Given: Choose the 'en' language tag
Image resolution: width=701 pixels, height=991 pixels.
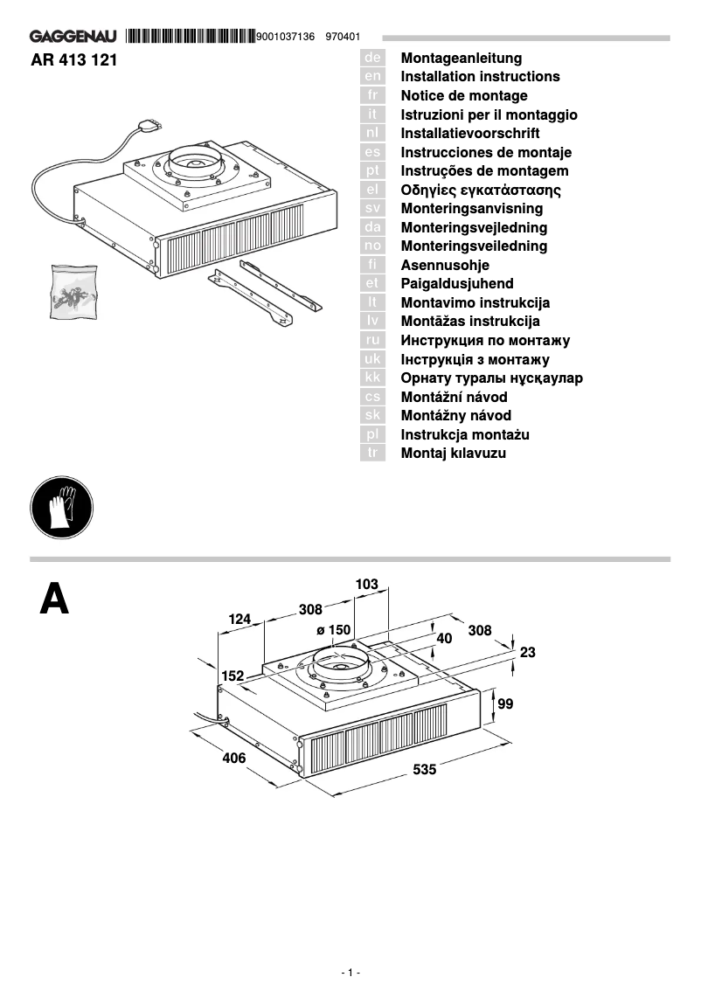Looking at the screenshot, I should click(372, 77).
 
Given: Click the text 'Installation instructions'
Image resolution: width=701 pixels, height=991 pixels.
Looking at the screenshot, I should click(480, 77).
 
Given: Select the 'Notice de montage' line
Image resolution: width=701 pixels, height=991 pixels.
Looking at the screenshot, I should click(464, 95).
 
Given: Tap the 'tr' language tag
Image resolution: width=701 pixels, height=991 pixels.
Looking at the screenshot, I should click(372, 454).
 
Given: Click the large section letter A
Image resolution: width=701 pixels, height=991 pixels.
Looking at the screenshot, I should click(54, 600).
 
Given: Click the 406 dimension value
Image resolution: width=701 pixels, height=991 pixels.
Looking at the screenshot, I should click(234, 759).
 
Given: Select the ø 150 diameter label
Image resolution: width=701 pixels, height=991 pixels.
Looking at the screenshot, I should click(333, 629).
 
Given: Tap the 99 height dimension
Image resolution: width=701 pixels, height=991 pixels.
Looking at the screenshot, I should click(505, 703).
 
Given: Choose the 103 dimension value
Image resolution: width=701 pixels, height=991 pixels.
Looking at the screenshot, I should click(367, 584).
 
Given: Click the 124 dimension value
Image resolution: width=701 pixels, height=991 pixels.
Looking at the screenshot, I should click(239, 620).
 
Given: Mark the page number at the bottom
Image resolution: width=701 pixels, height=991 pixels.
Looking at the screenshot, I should click(350, 972).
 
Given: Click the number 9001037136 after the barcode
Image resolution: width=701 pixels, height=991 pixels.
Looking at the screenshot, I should click(287, 37).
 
